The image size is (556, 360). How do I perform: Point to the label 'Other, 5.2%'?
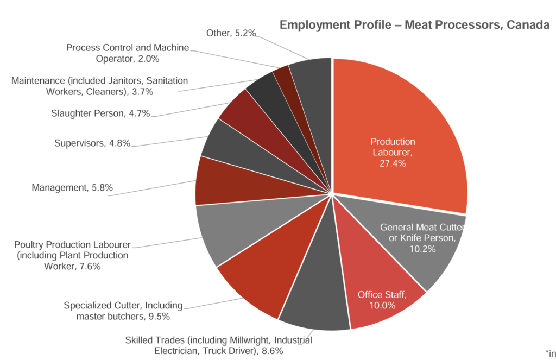tap(231, 34)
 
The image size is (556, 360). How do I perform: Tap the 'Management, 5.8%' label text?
tap(72, 188)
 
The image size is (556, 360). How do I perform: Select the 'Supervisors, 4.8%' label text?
tap(92, 144)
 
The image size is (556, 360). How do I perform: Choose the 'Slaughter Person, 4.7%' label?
tap(100, 113)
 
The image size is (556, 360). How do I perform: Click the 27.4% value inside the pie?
tap(393, 163)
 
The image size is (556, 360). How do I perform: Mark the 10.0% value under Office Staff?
tap(383, 305)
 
